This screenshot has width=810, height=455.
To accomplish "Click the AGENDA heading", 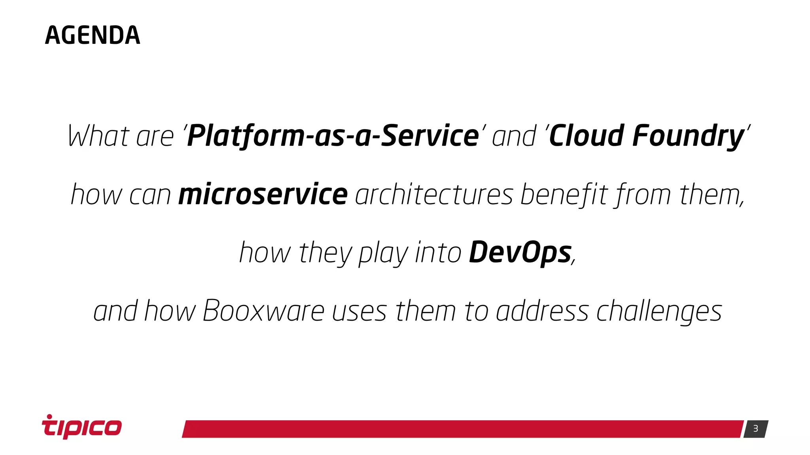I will (93, 36).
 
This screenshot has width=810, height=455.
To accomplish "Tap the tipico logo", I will (82, 427).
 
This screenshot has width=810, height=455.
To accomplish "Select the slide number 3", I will (755, 429).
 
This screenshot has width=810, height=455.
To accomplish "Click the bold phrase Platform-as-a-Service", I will (333, 136).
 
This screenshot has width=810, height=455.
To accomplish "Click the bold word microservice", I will (263, 194).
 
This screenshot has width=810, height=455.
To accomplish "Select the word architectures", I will (434, 194).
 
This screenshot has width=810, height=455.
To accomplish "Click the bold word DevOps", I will (520, 253).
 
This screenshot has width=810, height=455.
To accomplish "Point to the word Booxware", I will (263, 311).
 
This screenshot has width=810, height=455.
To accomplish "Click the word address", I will (542, 311).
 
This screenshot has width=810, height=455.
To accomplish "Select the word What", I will (99, 136).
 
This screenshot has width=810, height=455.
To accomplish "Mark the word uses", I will (359, 311).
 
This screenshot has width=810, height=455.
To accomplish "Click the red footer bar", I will (462, 429).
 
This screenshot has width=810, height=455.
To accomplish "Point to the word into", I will (438, 253).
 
